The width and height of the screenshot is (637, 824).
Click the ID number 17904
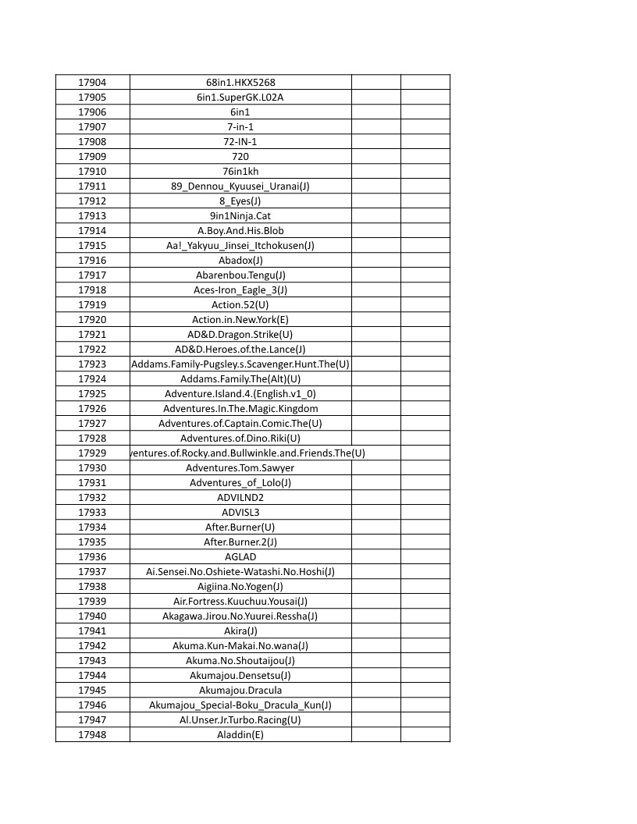pyautogui.click(x=92, y=83)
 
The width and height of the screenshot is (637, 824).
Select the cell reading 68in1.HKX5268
pyautogui.click(x=240, y=83)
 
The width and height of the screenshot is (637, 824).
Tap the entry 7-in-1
pyautogui.click(x=240, y=127)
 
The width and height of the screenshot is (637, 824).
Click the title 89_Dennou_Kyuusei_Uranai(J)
pyautogui.click(x=240, y=186)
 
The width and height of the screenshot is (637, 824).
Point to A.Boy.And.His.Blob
pyautogui.click(x=240, y=231)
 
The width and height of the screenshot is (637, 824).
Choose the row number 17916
pyautogui.click(x=92, y=261)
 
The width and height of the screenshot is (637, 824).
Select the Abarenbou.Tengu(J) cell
pyautogui.click(x=240, y=275)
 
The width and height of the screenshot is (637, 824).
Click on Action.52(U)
pyautogui.click(x=240, y=305)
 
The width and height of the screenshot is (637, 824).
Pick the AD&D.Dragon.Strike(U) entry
pyautogui.click(x=240, y=335)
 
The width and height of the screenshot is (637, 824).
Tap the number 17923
pyautogui.click(x=92, y=364)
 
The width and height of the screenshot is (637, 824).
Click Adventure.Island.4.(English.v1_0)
pyautogui.click(x=240, y=394)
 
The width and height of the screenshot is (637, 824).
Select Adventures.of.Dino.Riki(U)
pyautogui.click(x=240, y=439)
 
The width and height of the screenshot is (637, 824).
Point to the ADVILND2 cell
pyautogui.click(x=240, y=498)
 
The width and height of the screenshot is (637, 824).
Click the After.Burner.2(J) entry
pyautogui.click(x=240, y=542)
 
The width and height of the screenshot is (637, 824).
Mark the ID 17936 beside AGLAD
pyautogui.click(x=92, y=557)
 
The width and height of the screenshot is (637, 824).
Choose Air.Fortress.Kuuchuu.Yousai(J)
pyautogui.click(x=240, y=602)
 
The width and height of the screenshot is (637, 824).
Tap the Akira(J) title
pyautogui.click(x=240, y=631)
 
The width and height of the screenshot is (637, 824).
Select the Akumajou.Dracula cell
pyautogui.click(x=240, y=691)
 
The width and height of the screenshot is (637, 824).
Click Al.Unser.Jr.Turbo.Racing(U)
pyautogui.click(x=240, y=720)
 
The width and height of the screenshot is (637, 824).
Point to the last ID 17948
pyautogui.click(x=92, y=735)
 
